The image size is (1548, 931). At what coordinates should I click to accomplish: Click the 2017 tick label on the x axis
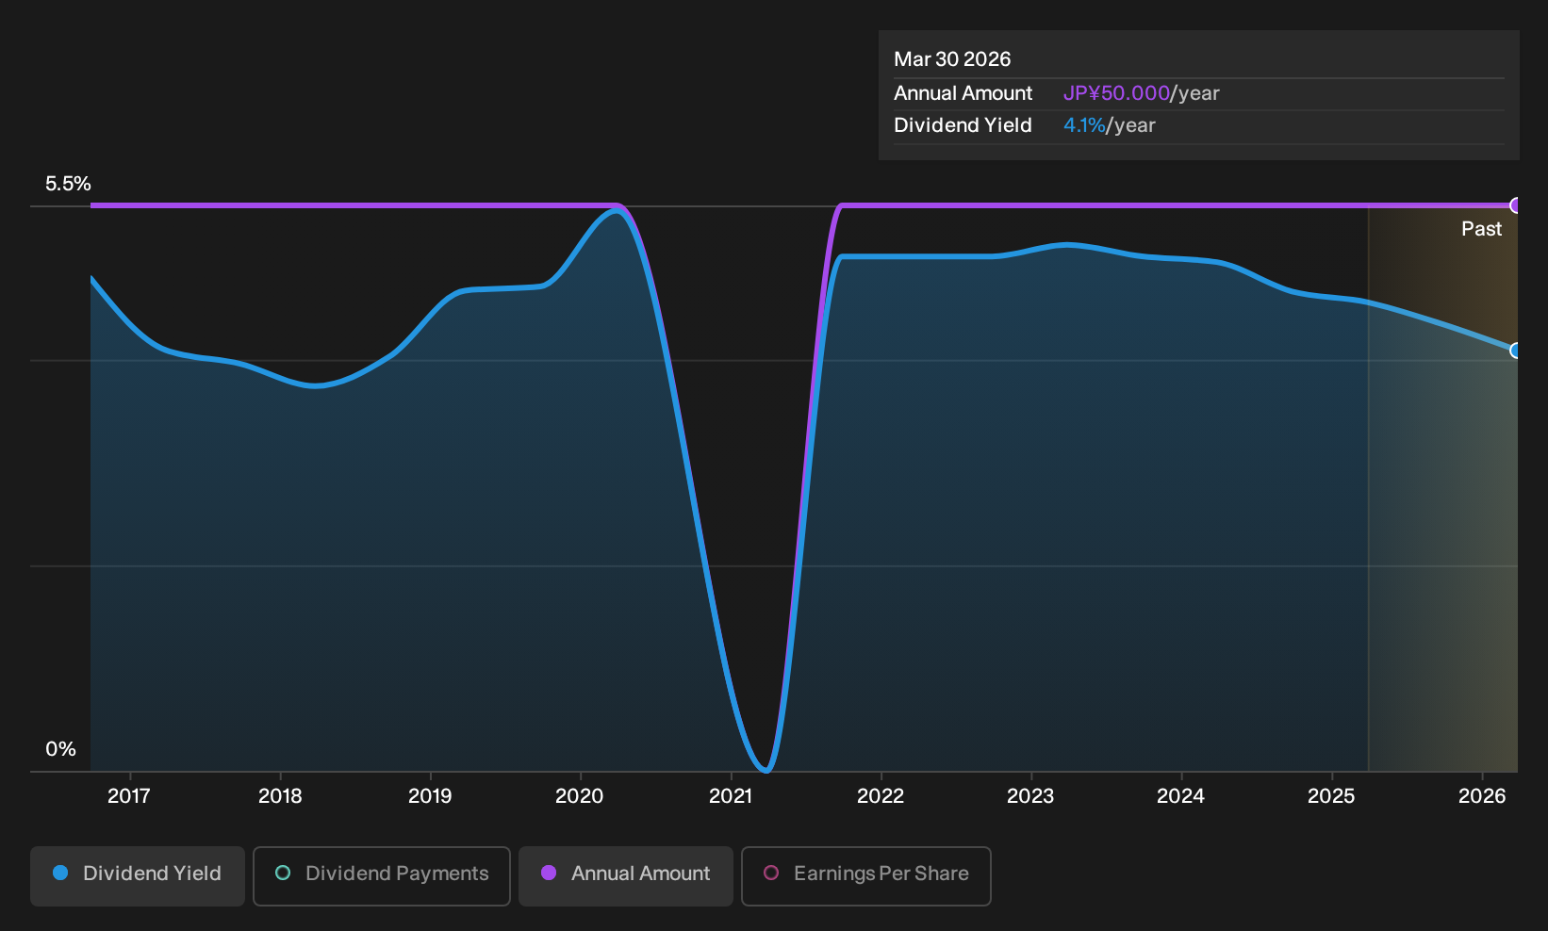[129, 796]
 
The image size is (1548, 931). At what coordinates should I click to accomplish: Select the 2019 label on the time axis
[430, 796]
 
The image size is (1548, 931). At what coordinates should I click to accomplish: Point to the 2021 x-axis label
[731, 796]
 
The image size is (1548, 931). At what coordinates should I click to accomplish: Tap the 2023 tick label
[1030, 796]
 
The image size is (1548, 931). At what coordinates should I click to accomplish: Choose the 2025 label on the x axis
[1332, 796]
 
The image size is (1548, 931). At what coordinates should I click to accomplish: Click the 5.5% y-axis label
[68, 184]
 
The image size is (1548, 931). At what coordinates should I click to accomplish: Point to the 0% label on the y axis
[61, 749]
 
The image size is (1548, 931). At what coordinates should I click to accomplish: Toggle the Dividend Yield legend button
[138, 875]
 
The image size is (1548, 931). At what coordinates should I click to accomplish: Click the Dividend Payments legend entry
[382, 875]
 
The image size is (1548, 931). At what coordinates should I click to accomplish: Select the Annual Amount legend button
[625, 875]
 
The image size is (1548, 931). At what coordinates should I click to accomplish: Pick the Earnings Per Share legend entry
[865, 875]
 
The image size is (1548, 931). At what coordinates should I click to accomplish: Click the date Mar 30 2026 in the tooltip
[952, 59]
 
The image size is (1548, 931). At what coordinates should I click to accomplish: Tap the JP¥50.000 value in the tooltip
[1116, 93]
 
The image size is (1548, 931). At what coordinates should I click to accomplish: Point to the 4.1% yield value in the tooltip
[1084, 125]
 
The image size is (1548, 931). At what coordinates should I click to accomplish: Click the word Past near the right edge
[1482, 229]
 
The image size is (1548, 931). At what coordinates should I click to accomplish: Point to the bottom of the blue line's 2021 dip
[766, 769]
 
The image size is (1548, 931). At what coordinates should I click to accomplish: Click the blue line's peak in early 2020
[615, 211]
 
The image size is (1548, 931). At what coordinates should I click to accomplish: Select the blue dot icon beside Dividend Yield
[61, 873]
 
